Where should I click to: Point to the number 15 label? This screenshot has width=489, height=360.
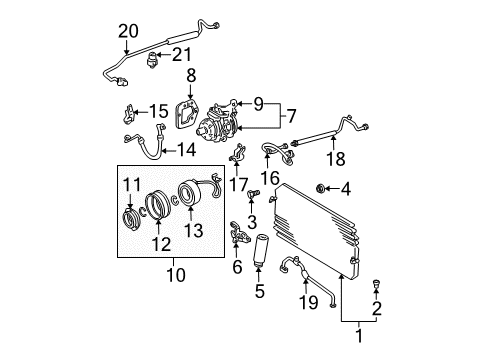(160, 110)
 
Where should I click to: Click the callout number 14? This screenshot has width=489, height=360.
(185, 152)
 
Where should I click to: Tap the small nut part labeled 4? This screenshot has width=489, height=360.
(348, 187)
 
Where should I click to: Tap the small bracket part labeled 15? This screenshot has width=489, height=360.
(131, 110)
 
